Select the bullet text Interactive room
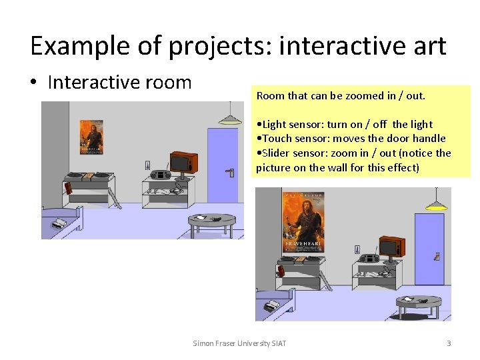pos(119,83)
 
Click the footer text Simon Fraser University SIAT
pos(239,343)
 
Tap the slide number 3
pos(449,343)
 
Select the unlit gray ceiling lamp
pos(230,120)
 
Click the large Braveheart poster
pos(303,221)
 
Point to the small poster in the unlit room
pos(91,137)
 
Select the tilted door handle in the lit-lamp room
pos(437,256)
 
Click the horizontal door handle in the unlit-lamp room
pos(229,172)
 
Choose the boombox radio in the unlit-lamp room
pos(161,175)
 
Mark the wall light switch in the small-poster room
pos(147,165)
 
